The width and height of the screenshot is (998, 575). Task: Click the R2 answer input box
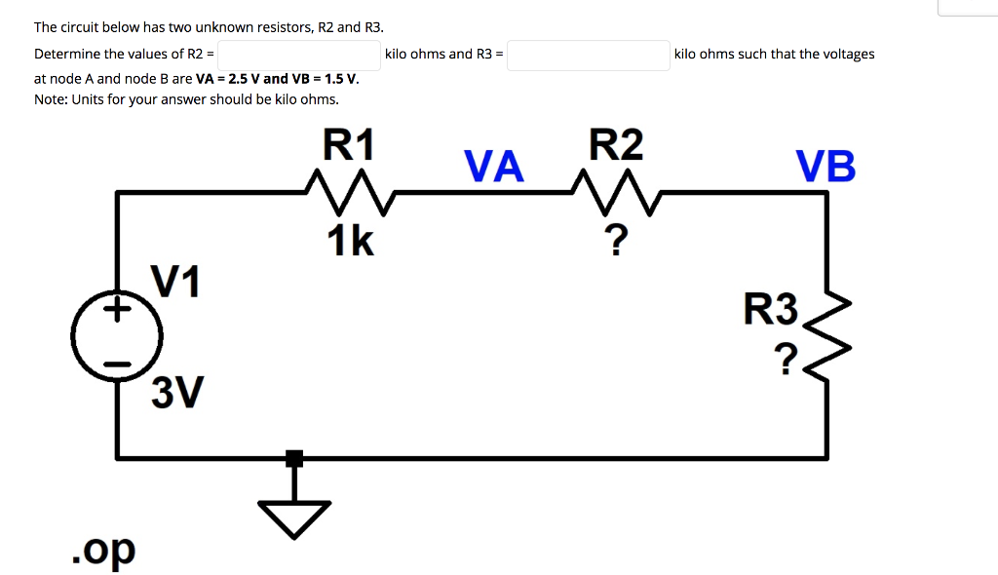pos(299,55)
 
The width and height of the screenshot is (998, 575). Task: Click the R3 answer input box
pos(588,55)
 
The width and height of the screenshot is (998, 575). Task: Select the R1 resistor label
pos(348,145)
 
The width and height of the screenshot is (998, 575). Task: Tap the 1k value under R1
pos(350,240)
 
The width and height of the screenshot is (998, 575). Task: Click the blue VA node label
pos(494,167)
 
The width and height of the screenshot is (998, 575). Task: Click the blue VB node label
pos(825,167)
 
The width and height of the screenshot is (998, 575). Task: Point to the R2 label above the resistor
pos(616,145)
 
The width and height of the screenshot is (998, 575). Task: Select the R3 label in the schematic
pos(771,310)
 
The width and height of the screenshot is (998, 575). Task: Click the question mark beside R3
pos(787,358)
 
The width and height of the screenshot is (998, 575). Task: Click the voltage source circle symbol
pos(117,337)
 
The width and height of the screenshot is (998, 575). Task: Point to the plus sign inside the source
pos(117,311)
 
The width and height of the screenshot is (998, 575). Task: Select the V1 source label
pos(175,282)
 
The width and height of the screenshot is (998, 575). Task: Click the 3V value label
pos(177,394)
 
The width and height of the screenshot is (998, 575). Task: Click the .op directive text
pos(103,551)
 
